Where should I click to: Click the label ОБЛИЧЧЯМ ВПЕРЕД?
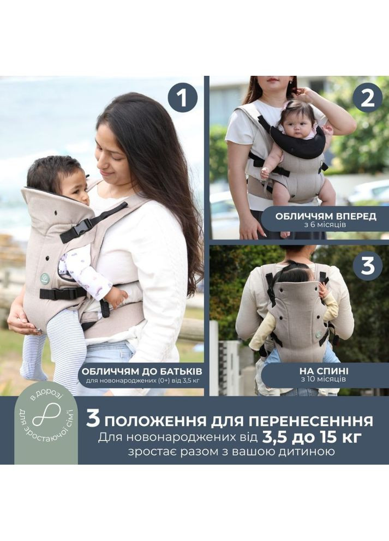[x=326, y=216]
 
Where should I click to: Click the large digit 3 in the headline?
[x=93, y=420]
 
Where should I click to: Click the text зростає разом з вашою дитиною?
[x=235, y=452]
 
